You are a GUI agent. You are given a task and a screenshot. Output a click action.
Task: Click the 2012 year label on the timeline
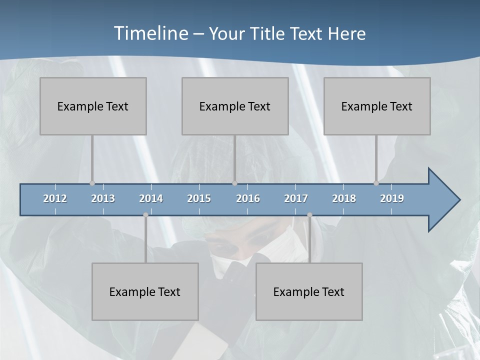pyautogui.click(x=55, y=198)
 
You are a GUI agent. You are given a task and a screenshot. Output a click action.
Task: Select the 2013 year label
pyautogui.click(x=103, y=198)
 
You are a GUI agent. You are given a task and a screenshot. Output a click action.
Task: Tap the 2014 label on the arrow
pyautogui.click(x=151, y=198)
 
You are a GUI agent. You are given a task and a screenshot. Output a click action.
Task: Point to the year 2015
pyautogui.click(x=199, y=198)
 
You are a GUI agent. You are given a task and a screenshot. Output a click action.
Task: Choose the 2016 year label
pyautogui.click(x=248, y=198)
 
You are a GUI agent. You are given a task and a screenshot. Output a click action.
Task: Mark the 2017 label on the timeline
pyautogui.click(x=296, y=198)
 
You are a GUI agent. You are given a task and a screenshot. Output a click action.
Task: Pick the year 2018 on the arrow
pyautogui.click(x=344, y=198)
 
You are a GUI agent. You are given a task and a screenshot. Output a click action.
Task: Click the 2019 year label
pyautogui.click(x=392, y=198)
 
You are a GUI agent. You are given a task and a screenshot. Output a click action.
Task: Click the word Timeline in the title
pyautogui.click(x=150, y=33)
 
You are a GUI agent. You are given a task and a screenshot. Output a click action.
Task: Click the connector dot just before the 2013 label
pyautogui.click(x=92, y=183)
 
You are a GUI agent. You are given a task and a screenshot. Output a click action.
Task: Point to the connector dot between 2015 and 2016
pyautogui.click(x=234, y=183)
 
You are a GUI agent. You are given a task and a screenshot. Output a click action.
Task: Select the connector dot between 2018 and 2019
pyautogui.click(x=376, y=183)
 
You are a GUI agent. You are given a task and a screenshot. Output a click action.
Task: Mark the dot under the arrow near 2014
pyautogui.click(x=145, y=215)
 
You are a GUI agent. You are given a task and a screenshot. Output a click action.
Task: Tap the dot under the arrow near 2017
pyautogui.click(x=309, y=215)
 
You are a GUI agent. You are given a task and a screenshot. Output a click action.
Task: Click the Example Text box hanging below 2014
pyautogui.click(x=145, y=291)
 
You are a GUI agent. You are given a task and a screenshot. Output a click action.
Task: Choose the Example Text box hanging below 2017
pyautogui.click(x=309, y=291)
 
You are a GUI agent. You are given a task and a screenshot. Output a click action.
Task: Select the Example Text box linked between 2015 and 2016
pyautogui.click(x=235, y=106)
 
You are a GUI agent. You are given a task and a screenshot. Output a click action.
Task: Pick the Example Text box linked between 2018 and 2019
pyautogui.click(x=377, y=106)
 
